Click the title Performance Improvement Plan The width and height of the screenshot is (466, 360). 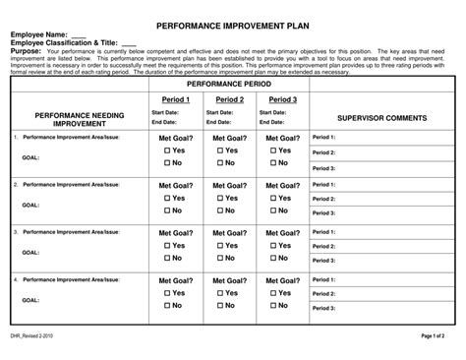233,19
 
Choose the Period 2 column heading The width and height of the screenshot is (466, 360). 229,99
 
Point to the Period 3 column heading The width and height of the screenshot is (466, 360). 283,99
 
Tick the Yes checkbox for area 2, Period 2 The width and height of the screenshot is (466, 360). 221,198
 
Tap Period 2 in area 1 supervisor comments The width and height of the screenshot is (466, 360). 323,152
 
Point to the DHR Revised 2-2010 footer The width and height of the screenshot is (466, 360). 31,336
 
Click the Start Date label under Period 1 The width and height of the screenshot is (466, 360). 165,113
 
